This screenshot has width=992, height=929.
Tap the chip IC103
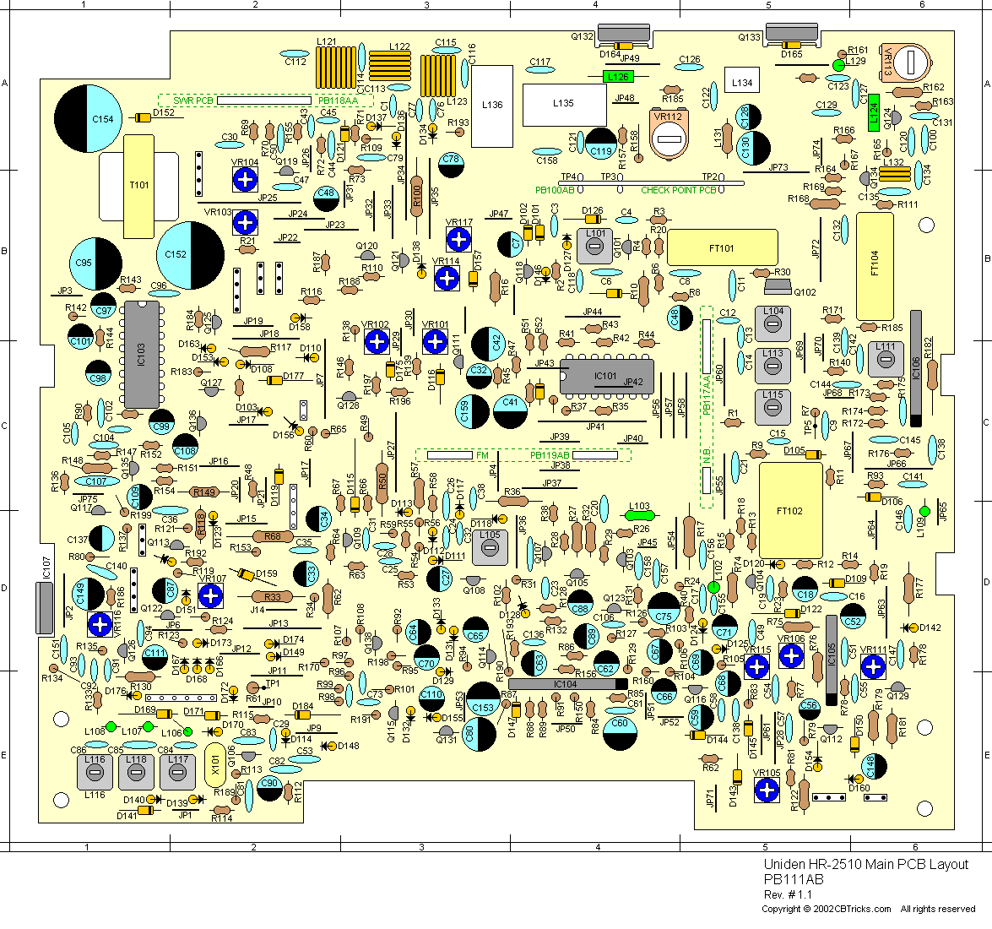click(141, 354)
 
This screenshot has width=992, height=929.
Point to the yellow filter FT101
click(722, 248)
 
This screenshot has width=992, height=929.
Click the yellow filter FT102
click(790, 509)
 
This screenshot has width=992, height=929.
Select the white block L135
click(564, 104)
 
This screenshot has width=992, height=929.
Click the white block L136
click(492, 106)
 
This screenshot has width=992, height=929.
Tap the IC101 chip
click(606, 376)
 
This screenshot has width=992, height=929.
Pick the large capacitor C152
click(190, 254)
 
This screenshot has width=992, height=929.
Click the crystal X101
click(215, 767)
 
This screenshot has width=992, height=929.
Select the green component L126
click(619, 77)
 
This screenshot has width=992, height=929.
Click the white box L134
click(742, 82)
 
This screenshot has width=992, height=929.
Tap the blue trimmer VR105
click(767, 790)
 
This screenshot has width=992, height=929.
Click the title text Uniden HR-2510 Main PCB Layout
click(865, 865)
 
